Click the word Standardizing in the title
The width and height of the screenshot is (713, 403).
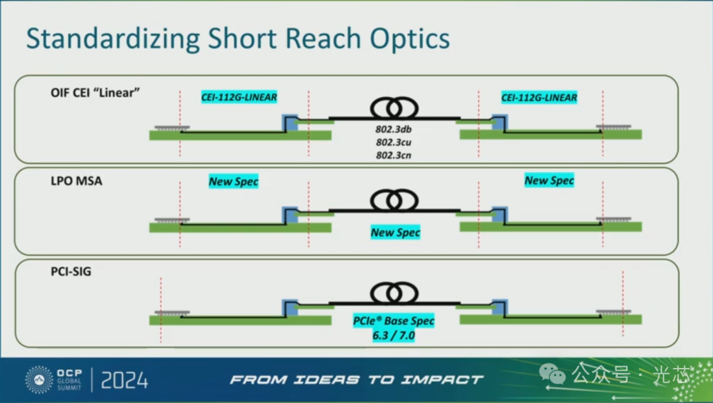click(x=112, y=39)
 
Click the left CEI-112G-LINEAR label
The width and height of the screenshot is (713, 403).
click(x=239, y=97)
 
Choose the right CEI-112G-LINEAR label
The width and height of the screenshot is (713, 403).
click(x=539, y=97)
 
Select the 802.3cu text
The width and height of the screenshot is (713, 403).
click(x=394, y=142)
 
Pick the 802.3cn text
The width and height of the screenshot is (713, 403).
click(x=394, y=155)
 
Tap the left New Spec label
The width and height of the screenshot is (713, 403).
click(x=234, y=181)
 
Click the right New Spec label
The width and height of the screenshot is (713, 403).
click(x=549, y=180)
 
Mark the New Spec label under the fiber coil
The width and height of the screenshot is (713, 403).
click(x=395, y=232)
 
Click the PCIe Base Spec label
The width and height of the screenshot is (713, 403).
click(x=394, y=321)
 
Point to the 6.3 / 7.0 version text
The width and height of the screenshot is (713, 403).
click(x=394, y=335)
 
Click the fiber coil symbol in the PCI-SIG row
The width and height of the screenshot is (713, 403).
click(x=395, y=292)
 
